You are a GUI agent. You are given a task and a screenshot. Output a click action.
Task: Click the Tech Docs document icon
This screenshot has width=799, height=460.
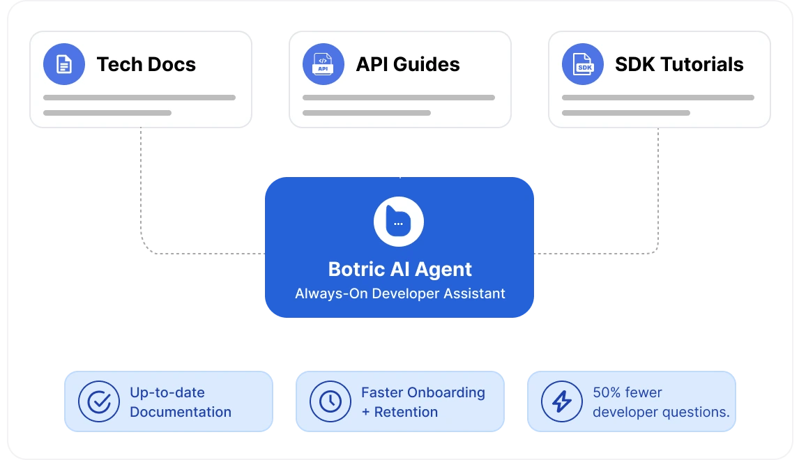(x=64, y=64)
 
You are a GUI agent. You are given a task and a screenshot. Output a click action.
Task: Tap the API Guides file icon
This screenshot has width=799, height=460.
(x=323, y=64)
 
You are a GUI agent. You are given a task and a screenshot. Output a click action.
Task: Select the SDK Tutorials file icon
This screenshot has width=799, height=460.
(x=582, y=64)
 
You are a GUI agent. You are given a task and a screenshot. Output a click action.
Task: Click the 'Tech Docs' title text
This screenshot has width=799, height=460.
(x=146, y=64)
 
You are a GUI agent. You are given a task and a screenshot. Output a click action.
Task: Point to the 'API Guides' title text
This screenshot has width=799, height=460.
(x=407, y=64)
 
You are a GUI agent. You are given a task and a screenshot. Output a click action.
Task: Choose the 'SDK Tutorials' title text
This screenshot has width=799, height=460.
(x=678, y=64)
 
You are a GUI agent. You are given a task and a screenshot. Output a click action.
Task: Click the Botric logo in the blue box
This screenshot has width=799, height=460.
(x=399, y=222)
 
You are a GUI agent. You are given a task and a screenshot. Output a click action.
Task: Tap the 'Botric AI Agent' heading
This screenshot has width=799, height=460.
(x=399, y=269)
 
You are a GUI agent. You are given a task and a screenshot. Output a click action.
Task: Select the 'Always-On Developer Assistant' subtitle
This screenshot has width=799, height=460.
(x=399, y=293)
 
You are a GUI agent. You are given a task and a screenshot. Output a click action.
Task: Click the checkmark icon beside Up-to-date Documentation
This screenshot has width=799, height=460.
(x=99, y=401)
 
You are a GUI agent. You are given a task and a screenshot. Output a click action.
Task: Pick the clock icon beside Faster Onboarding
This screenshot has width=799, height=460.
(x=330, y=401)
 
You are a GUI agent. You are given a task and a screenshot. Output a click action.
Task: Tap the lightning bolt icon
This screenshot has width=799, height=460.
(x=561, y=401)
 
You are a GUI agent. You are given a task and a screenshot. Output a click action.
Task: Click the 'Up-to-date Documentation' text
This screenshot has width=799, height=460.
(x=180, y=402)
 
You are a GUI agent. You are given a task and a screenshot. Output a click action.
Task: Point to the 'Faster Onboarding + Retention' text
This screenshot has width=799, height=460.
(x=423, y=402)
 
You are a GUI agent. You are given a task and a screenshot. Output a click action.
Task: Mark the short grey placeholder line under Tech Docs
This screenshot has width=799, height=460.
(x=107, y=112)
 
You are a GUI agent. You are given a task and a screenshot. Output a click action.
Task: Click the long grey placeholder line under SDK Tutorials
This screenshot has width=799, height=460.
(x=657, y=98)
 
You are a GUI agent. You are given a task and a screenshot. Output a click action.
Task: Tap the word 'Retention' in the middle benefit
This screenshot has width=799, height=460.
(x=406, y=412)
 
